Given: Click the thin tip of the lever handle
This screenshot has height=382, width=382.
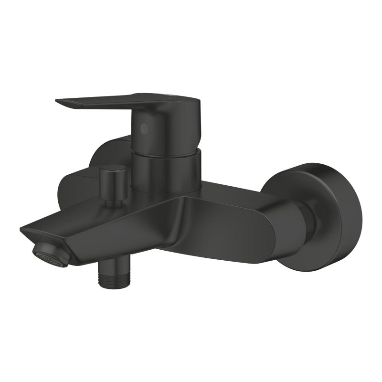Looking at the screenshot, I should [60, 101].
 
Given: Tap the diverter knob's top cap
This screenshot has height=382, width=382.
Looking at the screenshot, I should [113, 170].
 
